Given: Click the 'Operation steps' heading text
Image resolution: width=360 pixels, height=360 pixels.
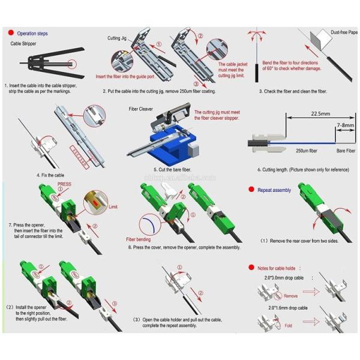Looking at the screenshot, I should (x=32, y=33).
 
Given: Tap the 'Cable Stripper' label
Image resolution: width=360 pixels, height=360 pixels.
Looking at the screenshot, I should (x=25, y=44).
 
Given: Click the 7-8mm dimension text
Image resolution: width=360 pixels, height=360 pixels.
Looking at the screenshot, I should (x=345, y=125).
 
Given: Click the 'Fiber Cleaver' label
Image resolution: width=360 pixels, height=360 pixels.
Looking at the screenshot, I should (x=142, y=110).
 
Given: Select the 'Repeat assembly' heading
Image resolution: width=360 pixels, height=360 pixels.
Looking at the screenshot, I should (x=274, y=189).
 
